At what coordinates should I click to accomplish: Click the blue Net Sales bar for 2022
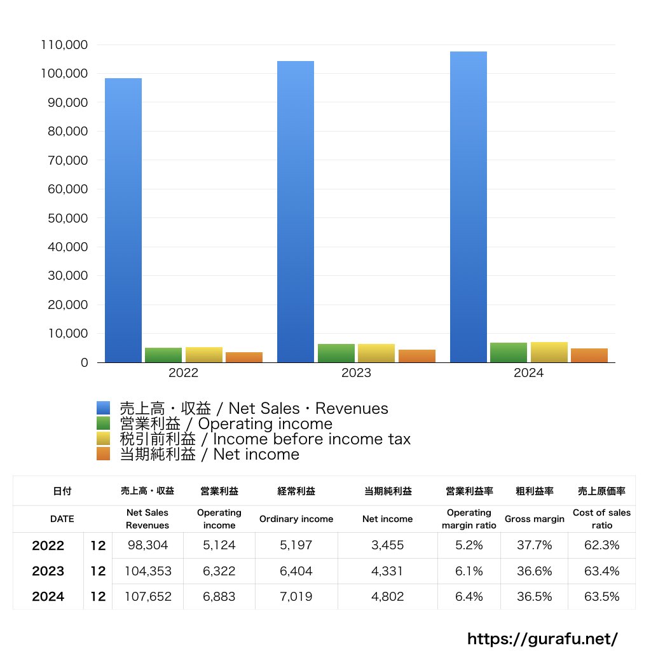[x=123, y=220]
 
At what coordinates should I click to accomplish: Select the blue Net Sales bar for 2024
[x=469, y=207]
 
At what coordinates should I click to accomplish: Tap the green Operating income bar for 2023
[x=336, y=353]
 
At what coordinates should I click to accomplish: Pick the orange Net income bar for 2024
[x=589, y=355]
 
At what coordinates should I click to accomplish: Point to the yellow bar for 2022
[x=204, y=355]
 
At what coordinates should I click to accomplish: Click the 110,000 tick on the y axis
[x=64, y=45]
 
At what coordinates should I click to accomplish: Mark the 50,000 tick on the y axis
[x=67, y=218]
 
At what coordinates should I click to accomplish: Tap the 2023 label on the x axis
[x=356, y=373]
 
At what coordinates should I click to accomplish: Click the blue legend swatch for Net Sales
[x=104, y=409]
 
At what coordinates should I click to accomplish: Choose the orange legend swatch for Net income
[x=104, y=454]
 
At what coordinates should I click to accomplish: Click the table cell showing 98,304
[x=147, y=545]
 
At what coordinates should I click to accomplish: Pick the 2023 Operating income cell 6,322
[x=219, y=572]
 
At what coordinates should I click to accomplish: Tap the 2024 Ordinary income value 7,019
[x=296, y=597]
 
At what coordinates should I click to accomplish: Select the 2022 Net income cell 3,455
[x=387, y=545]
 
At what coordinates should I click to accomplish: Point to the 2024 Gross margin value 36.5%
[x=534, y=597]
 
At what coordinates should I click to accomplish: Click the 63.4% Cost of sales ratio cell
[x=601, y=572]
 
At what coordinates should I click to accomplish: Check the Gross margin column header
[x=534, y=519]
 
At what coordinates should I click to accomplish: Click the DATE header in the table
[x=62, y=519]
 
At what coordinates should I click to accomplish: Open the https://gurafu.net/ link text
[x=542, y=638]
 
